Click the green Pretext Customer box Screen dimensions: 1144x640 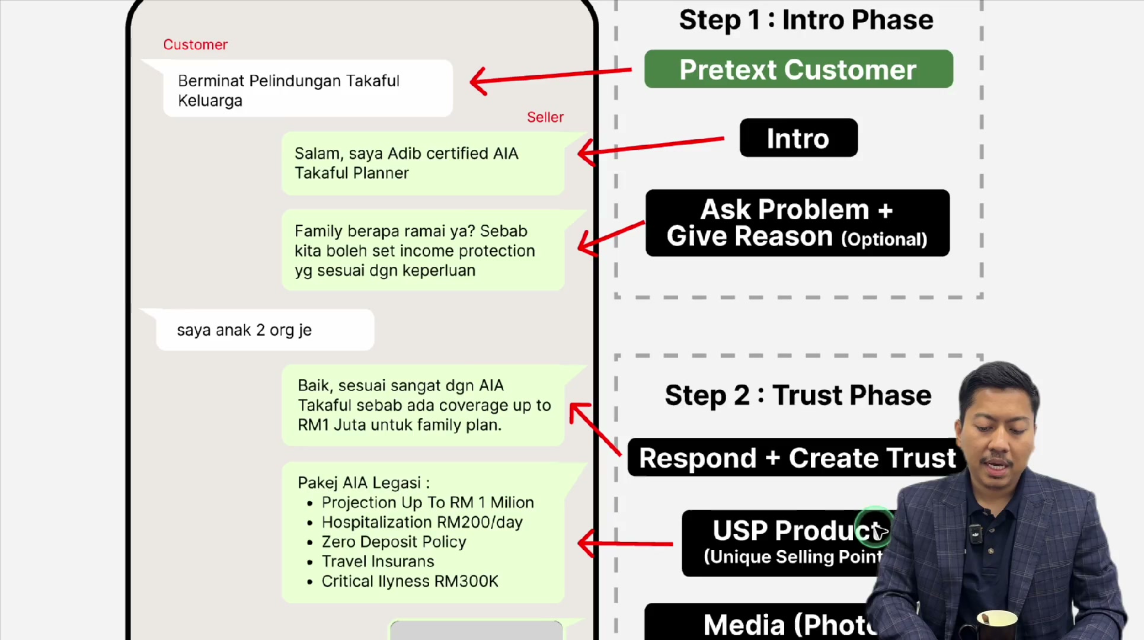pos(798,69)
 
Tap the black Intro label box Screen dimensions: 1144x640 pos(798,138)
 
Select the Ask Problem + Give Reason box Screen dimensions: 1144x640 pos(797,223)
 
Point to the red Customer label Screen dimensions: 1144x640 pos(196,44)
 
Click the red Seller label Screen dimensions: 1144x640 pos(545,117)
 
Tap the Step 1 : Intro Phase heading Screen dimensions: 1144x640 pos(806,20)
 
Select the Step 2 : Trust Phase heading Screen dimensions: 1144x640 pos(798,395)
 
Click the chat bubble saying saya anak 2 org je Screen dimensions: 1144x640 pos(265,330)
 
